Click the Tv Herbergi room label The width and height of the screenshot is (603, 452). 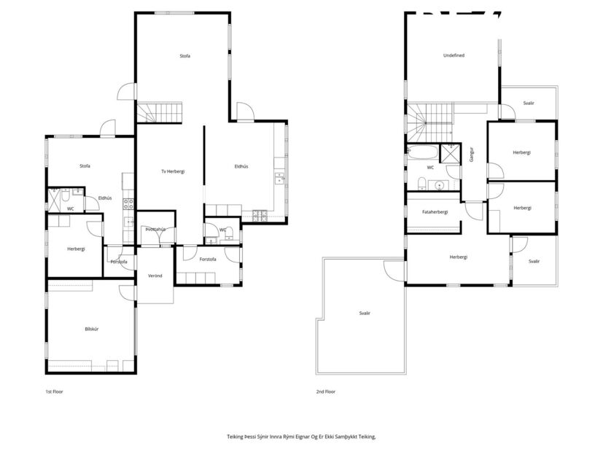[x=173, y=171]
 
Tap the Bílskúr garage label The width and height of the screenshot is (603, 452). [x=92, y=329]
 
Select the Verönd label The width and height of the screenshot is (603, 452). [x=155, y=276]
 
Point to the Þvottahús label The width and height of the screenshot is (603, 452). [x=155, y=229]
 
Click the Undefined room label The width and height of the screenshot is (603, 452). [x=454, y=55]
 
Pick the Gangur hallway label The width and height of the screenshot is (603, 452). [x=472, y=154]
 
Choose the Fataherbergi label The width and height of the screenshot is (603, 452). [x=435, y=211]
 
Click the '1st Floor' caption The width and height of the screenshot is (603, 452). [x=54, y=391]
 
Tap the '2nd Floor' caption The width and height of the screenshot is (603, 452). [x=325, y=391]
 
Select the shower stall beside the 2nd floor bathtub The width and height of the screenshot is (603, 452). [x=451, y=154]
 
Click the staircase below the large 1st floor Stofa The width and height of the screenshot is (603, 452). [x=159, y=112]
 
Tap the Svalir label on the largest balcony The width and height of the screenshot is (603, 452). [x=364, y=313]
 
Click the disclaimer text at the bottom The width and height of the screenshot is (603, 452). [x=301, y=437]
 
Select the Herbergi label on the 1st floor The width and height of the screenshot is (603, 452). [x=76, y=249]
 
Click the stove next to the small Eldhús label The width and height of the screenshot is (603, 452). [x=128, y=201]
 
